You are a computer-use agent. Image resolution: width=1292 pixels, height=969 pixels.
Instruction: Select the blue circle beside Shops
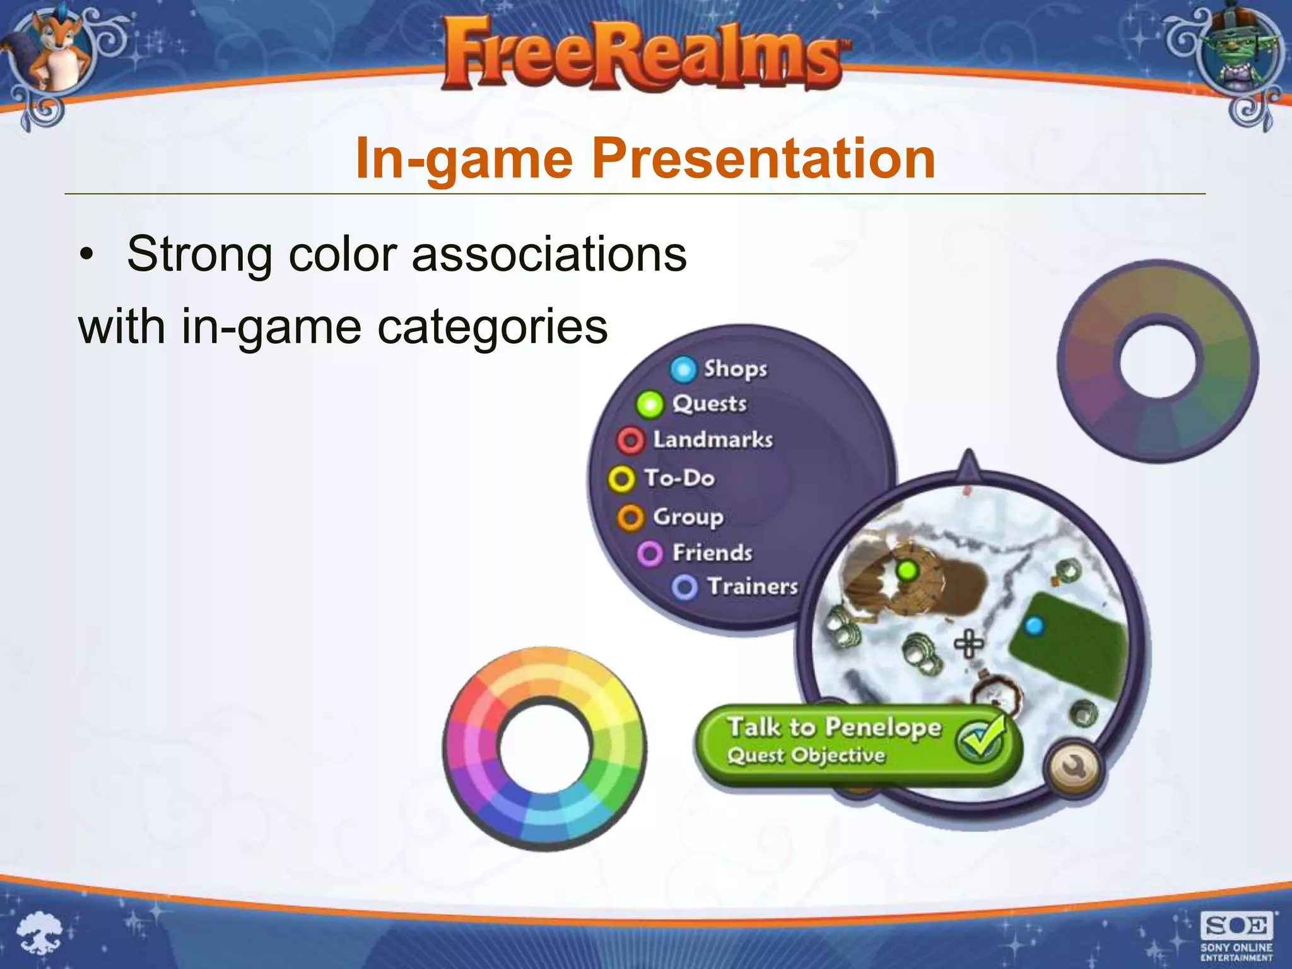click(x=683, y=370)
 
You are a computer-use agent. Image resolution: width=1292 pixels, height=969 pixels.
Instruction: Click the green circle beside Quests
click(x=650, y=404)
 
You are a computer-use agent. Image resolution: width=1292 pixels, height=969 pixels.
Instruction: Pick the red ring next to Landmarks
click(x=630, y=440)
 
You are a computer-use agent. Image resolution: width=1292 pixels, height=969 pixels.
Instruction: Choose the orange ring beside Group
click(x=630, y=518)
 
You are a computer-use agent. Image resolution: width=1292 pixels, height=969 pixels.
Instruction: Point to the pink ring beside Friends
click(x=650, y=554)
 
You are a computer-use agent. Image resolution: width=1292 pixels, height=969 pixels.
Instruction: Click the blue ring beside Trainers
click(x=684, y=587)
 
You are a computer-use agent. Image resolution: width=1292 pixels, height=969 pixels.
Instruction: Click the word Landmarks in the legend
click(x=713, y=440)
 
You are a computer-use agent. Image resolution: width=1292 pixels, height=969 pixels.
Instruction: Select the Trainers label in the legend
click(x=753, y=587)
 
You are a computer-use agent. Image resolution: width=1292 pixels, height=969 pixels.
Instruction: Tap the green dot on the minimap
click(x=907, y=571)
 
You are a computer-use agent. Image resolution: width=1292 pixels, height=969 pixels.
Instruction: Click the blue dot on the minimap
click(x=1034, y=626)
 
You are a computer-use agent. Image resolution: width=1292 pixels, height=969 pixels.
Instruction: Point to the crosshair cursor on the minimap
click(x=968, y=644)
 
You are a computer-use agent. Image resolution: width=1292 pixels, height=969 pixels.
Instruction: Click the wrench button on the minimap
click(x=1074, y=768)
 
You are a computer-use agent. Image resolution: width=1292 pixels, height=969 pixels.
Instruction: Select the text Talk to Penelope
click(x=834, y=727)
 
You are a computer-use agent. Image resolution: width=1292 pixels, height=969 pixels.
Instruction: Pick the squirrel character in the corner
click(x=54, y=50)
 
